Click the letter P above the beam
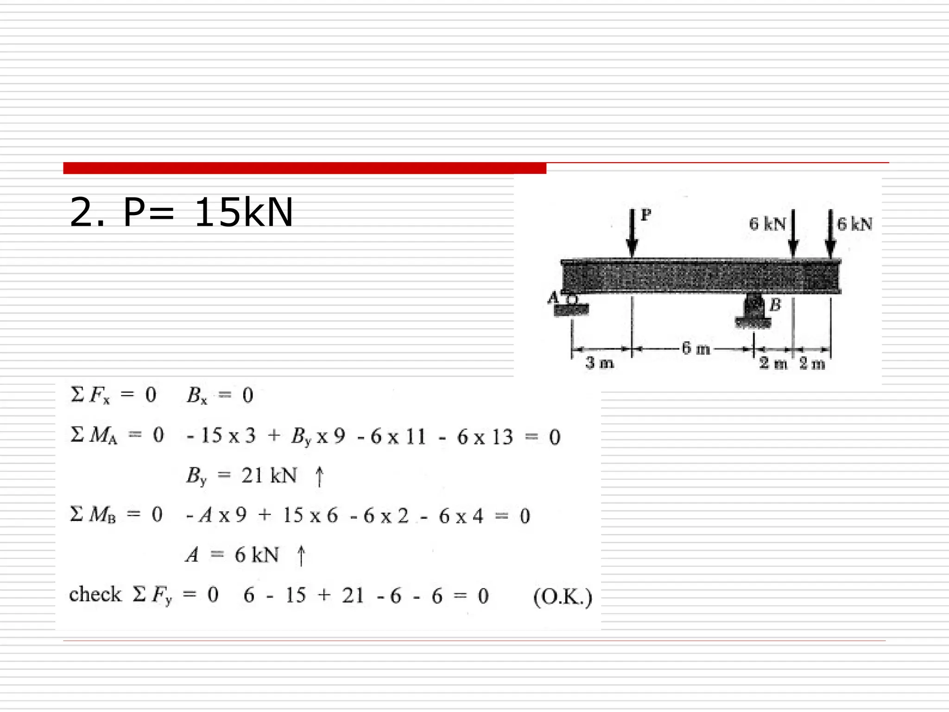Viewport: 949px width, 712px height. coord(646,214)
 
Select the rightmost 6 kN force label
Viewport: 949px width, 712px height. coord(854,224)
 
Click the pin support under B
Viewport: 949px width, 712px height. coord(753,311)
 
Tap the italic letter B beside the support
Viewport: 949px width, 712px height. coord(775,305)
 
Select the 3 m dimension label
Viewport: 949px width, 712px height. coord(599,362)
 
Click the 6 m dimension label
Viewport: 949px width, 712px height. coord(696,348)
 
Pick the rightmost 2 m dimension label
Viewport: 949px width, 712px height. coord(812,363)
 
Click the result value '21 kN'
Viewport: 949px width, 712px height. coord(269,476)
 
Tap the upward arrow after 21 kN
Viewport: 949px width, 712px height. coord(319,477)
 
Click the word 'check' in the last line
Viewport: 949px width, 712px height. coord(95,594)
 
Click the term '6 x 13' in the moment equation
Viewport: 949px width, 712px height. coord(485,437)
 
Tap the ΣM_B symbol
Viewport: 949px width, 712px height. coord(93,515)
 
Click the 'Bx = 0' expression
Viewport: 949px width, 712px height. coord(220,395)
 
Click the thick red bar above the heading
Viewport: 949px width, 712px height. coord(304,168)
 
